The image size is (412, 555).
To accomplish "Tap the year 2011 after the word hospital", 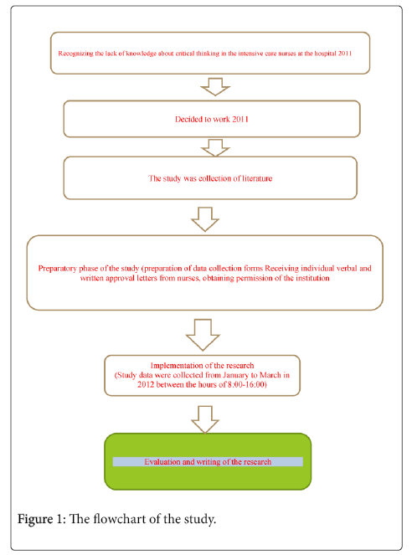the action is pyautogui.click(x=344, y=54).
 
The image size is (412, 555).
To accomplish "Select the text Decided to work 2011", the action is pyautogui.click(x=212, y=119).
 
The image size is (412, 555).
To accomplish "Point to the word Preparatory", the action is pyautogui.click(x=57, y=269).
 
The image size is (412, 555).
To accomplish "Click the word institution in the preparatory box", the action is pyautogui.click(x=312, y=278).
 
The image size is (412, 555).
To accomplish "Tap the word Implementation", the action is pyautogui.click(x=173, y=366).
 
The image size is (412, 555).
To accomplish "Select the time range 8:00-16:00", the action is pyautogui.click(x=247, y=385).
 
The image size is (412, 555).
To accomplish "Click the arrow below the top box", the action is pyautogui.click(x=215, y=87).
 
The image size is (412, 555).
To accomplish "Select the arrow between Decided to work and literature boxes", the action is pyautogui.click(x=215, y=147).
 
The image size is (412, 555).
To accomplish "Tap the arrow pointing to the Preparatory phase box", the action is pyautogui.click(x=205, y=219).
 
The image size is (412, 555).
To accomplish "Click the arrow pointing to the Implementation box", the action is pyautogui.click(x=203, y=335).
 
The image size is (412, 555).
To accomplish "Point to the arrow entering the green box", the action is pyautogui.click(x=205, y=419).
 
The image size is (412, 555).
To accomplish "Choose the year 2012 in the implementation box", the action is pyautogui.click(x=146, y=385).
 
